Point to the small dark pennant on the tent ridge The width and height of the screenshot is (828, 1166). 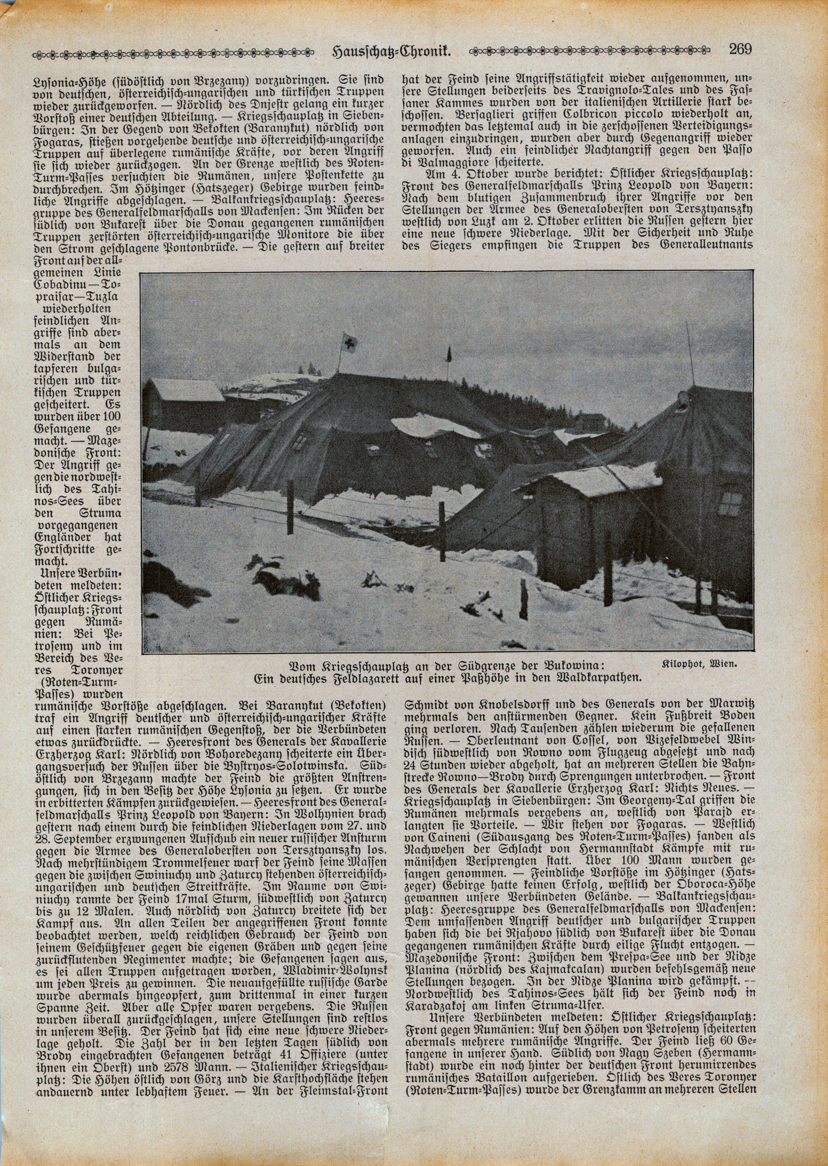coord(449,352)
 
